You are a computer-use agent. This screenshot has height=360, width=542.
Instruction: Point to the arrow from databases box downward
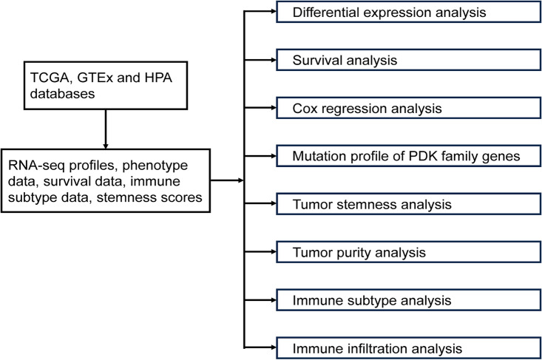point(107,129)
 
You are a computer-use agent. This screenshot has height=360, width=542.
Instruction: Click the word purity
point(350,252)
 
